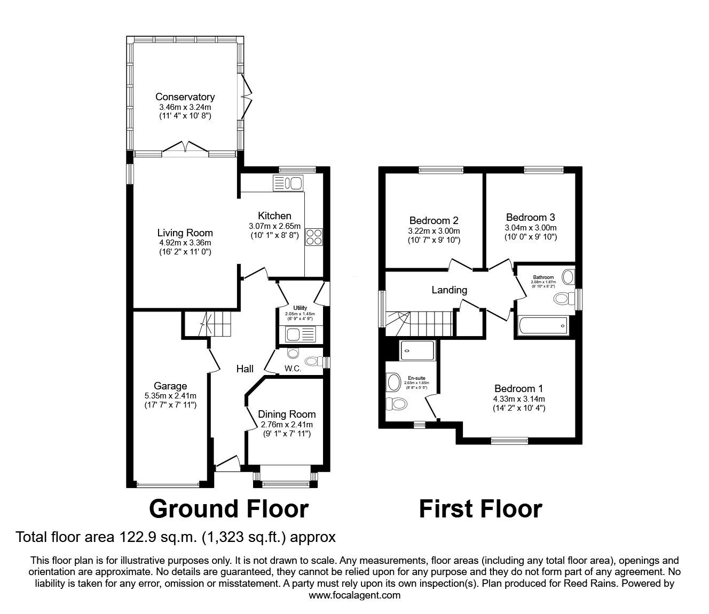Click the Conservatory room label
(185, 97)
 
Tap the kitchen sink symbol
(288, 183)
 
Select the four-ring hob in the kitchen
(313, 236)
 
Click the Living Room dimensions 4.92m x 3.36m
(185, 243)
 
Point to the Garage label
(170, 386)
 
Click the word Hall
(245, 369)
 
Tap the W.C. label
(293, 369)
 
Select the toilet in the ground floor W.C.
(293, 353)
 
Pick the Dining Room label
(287, 414)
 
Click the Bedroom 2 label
(434, 220)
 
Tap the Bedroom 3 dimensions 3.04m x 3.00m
(530, 227)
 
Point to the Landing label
(449, 290)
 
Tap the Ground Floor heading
(229, 509)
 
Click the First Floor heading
(480, 509)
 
